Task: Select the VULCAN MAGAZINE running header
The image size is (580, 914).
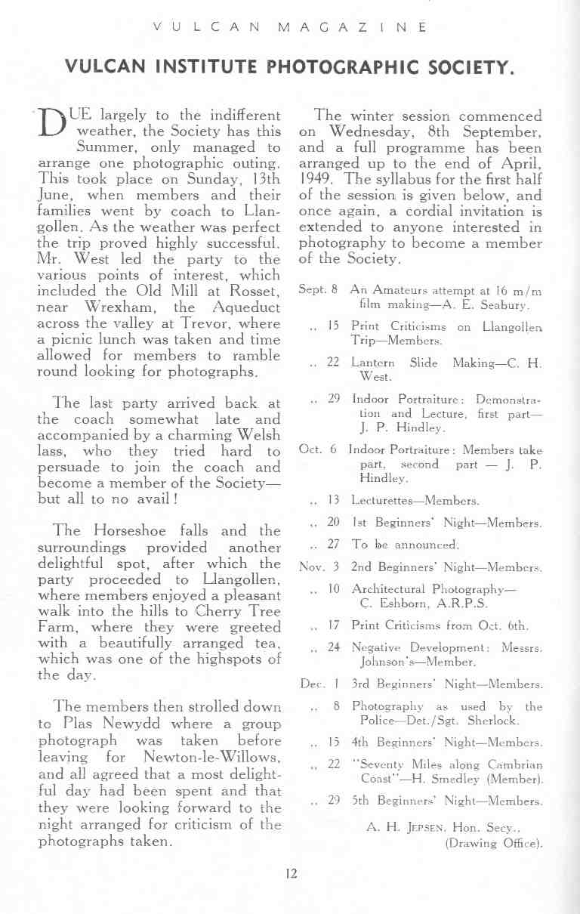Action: click(290, 28)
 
